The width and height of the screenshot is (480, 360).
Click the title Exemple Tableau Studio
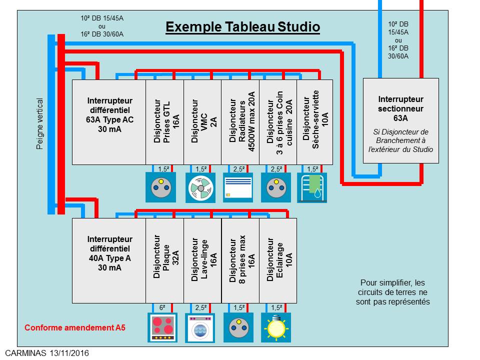242,26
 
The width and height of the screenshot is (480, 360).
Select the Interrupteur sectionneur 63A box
400,120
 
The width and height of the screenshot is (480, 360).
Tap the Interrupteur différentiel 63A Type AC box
109,122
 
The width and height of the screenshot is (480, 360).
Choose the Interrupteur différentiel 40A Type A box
109,260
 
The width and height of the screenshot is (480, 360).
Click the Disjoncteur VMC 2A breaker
202,122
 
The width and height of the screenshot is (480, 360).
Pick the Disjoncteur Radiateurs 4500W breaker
240,122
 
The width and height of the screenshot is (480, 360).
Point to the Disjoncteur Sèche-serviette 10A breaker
314,122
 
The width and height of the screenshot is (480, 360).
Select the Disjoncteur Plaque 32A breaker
164,260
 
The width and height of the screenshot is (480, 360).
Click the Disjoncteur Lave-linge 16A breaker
202,260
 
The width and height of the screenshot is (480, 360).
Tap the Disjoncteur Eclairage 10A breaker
277,260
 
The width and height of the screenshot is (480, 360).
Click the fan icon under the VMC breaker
201,187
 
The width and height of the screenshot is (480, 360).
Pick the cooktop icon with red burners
163,327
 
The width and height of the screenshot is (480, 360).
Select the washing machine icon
201,327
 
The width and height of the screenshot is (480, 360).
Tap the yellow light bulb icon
275,327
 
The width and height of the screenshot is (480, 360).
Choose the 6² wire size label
162,308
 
